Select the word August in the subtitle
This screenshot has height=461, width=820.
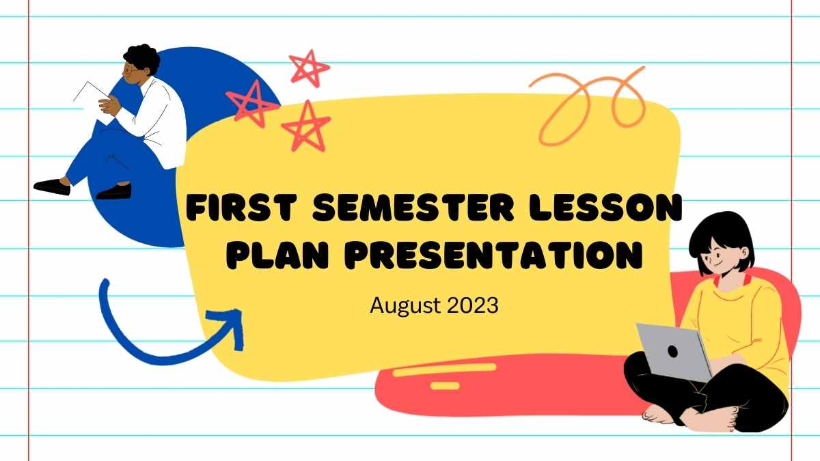coord(405,306)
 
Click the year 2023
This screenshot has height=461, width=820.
coord(473,305)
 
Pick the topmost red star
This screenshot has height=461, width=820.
coord(310,68)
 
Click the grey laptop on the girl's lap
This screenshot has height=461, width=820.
coord(674,352)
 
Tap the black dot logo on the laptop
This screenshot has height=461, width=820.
coord(672,351)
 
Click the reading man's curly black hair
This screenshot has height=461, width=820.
coord(142,57)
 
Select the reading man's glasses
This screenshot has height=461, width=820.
coord(130,70)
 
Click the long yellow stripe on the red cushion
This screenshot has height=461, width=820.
coord(445,369)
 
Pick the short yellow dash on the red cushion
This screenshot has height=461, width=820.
coord(445,386)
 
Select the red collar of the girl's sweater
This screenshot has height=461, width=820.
coord(734,281)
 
